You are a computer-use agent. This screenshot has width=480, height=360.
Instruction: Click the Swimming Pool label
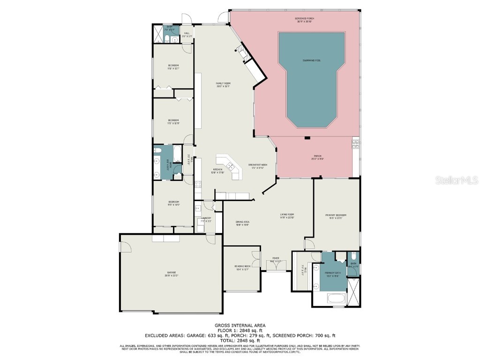pos(312,61)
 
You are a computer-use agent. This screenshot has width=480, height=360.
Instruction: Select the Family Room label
pos(223,84)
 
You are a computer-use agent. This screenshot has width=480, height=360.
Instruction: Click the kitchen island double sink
pos(230,165)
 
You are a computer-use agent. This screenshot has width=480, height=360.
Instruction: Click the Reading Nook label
pos(241,268)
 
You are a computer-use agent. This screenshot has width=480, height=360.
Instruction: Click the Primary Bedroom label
pos(337,217)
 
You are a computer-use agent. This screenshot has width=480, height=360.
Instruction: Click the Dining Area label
pos(242,224)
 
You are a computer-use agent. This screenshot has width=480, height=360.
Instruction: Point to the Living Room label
pos(286,216)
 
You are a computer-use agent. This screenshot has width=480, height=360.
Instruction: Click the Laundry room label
pos(206,219)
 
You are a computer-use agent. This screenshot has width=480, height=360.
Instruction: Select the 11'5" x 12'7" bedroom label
pos(173,67)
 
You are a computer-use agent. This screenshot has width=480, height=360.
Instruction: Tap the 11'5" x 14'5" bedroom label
pos(173,203)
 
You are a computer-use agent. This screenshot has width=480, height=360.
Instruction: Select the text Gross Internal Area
pos(240,325)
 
